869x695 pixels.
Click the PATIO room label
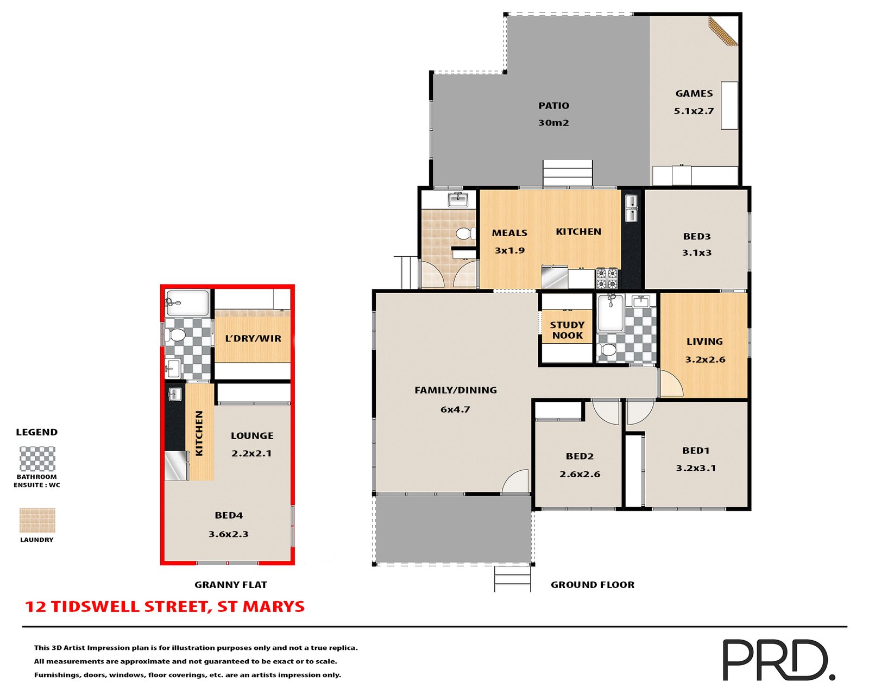[x=553, y=106]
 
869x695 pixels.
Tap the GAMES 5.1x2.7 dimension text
[x=694, y=111]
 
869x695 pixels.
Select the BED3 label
[x=697, y=237]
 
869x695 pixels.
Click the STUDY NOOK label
[x=567, y=330]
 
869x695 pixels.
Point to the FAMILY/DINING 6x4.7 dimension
[x=455, y=409]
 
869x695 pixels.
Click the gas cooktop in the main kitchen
[x=607, y=278]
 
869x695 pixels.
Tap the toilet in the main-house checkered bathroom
[x=607, y=350]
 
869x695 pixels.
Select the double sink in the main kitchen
[x=631, y=208]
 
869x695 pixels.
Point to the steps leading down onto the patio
[x=568, y=173]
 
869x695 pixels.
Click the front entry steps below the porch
[x=512, y=579]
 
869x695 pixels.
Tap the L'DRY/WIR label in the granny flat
[x=253, y=339]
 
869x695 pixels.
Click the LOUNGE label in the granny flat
[x=252, y=436]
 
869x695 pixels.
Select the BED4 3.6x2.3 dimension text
[x=229, y=534]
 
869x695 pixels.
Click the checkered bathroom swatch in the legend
[x=37, y=459]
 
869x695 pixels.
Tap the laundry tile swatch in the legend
[x=37, y=520]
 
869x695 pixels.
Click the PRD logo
[x=777, y=659]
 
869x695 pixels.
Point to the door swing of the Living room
[x=670, y=384]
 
